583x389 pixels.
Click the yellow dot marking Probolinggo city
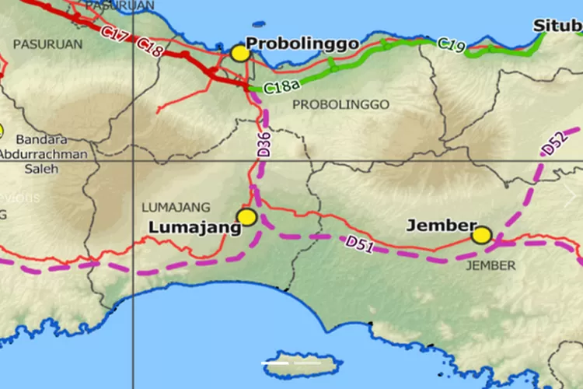coord(239,54)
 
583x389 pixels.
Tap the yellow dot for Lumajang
coord(247,217)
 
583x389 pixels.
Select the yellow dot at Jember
coord(481,234)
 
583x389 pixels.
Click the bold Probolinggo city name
coord(302,44)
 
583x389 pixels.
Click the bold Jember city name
coord(441,226)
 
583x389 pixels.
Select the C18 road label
coord(149,47)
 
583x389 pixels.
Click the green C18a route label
coord(278,87)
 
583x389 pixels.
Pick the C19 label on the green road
coord(452,45)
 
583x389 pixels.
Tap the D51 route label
coord(361,243)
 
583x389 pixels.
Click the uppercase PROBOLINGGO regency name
coord(340,103)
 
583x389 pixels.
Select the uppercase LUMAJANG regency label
coord(176,207)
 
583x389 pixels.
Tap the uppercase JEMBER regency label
coord(490,265)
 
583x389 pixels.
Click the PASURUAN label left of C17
coord(47,44)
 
